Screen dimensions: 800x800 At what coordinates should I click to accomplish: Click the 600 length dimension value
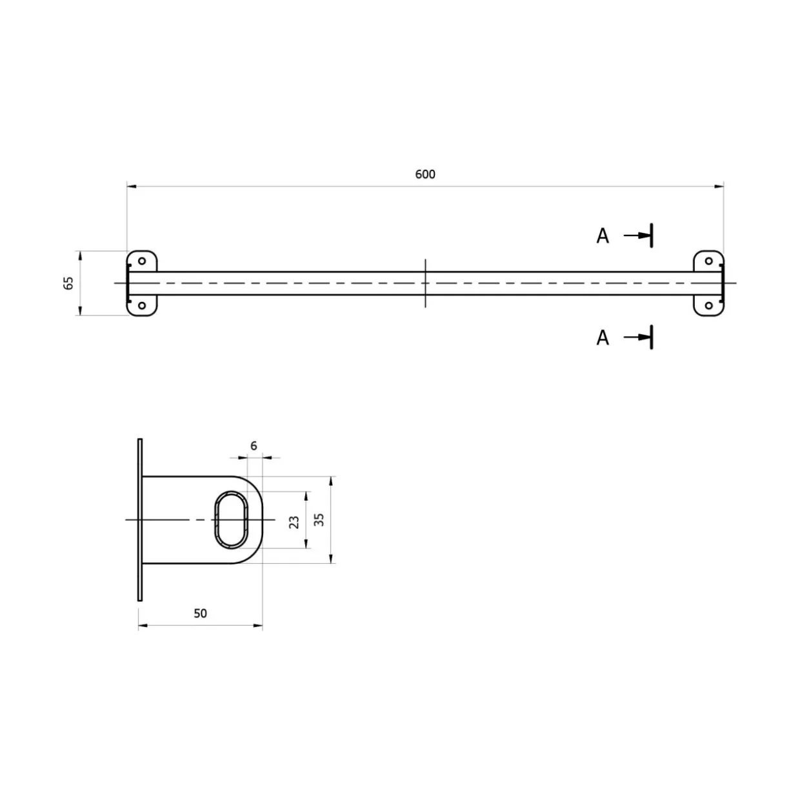[425, 174]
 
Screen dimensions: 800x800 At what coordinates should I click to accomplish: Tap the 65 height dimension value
[68, 283]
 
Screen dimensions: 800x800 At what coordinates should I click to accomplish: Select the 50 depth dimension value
[200, 613]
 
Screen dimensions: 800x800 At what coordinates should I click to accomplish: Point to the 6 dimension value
[254, 446]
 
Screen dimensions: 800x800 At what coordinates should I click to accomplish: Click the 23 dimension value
[294, 522]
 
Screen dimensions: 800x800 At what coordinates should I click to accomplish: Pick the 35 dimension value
[319, 520]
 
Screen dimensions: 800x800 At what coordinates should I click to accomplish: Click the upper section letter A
[603, 236]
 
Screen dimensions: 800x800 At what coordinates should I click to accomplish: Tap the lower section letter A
[603, 337]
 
